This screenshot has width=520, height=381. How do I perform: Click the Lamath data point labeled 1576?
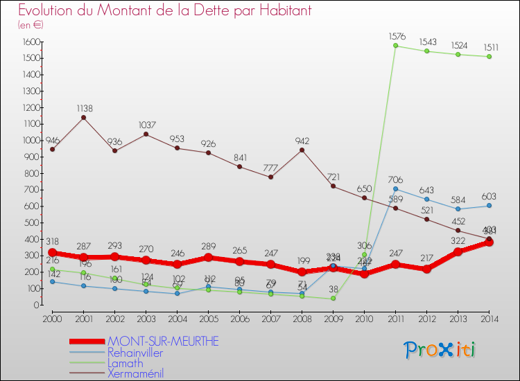395,46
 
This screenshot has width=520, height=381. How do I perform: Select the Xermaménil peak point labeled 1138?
83,117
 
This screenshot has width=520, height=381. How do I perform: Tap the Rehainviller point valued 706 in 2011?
395,188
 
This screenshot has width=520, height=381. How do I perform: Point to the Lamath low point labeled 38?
333,299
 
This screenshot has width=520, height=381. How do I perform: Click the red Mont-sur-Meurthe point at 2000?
52,253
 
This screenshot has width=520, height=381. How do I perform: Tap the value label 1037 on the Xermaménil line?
146,125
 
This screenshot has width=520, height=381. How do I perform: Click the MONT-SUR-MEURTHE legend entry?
162,342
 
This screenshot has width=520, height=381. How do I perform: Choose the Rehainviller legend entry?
135,353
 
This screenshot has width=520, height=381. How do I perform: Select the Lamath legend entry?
125,363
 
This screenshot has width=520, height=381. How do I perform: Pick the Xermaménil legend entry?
135,373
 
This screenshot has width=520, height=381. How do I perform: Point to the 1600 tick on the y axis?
29,42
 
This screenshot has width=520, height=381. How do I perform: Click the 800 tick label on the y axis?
31,173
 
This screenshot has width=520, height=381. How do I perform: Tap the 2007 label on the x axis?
270,318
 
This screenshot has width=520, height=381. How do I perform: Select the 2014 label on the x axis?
489,318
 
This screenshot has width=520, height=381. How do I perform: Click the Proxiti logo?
440,350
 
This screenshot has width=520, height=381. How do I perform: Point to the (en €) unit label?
31,25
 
